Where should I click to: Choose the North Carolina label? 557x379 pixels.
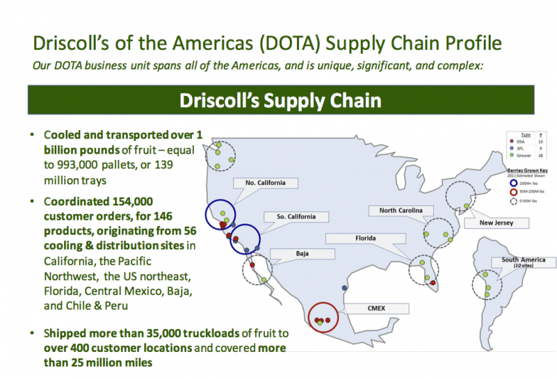coord(400,210)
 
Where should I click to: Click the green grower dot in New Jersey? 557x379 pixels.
coord(465,206)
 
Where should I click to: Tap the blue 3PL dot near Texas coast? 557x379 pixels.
coord(344,288)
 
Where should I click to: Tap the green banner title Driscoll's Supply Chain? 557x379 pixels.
coord(280,100)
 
